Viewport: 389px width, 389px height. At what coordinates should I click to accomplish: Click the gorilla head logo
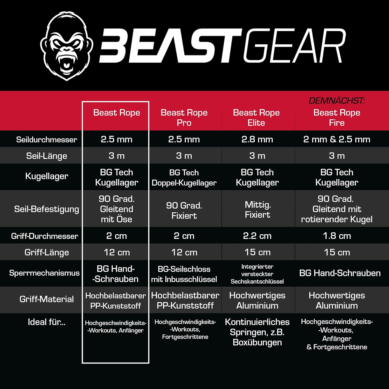67,46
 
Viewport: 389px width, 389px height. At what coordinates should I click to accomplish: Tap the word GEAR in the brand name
295,46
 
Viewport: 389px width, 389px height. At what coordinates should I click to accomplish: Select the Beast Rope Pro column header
184,117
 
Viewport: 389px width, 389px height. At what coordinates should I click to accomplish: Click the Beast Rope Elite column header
256,117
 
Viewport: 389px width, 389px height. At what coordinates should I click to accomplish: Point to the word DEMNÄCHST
337,101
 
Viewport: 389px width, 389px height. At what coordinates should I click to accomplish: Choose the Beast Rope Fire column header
337,117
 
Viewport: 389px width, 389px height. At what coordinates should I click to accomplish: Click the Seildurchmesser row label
47,140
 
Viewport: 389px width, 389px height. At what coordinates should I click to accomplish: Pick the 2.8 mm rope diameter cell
257,139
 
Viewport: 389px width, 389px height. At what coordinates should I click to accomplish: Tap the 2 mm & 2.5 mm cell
337,139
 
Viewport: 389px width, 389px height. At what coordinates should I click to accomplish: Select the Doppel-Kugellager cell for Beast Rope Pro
184,178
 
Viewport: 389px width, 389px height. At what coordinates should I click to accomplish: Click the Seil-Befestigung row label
47,209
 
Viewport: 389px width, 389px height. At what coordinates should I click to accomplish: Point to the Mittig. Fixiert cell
258,210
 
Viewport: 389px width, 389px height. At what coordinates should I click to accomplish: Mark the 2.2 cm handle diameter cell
257,236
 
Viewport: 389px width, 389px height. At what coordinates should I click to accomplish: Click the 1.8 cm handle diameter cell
337,236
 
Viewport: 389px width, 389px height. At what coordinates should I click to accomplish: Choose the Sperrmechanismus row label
44,273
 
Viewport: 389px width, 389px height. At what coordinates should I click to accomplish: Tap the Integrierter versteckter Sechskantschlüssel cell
257,274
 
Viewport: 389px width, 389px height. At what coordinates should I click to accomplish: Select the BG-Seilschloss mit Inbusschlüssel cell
184,274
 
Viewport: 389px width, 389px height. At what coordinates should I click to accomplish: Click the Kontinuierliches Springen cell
257,332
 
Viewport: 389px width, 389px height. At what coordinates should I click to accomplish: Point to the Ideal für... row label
47,322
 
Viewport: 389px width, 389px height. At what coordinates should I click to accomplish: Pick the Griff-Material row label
47,299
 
